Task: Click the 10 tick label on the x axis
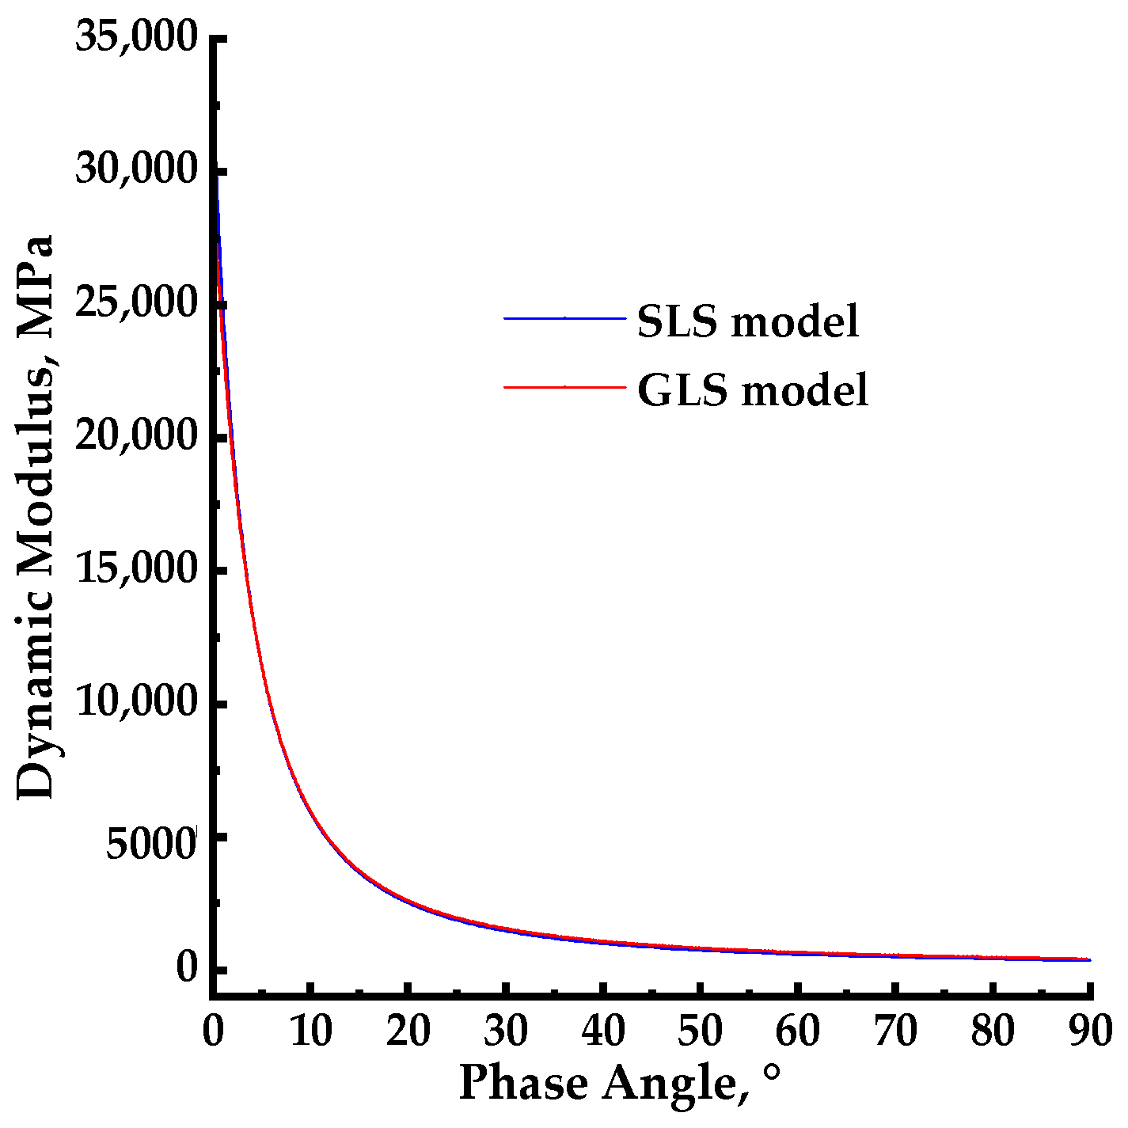(311, 1031)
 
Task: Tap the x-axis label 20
(408, 1031)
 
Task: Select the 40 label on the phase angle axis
(603, 1031)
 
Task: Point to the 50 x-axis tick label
(701, 1031)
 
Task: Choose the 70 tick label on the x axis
(895, 1031)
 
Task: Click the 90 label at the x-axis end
(1091, 1031)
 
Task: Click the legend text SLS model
(748, 321)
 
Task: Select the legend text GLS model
(753, 389)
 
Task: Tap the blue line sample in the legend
(564, 318)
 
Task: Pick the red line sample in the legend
(564, 386)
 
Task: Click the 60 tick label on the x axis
(798, 1031)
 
